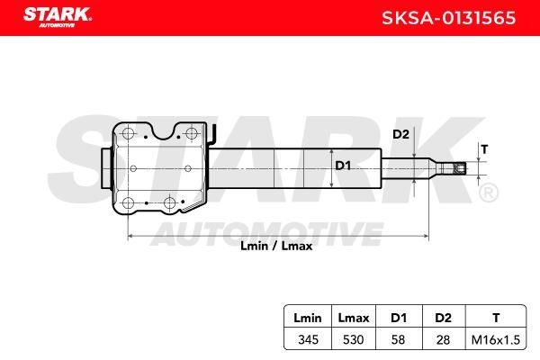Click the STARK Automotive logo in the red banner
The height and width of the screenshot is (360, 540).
[x=58, y=16]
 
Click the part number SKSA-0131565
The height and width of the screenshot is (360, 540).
[x=449, y=18]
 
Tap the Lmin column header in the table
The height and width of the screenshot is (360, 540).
[x=308, y=318]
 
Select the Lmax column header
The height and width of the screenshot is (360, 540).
[x=354, y=318]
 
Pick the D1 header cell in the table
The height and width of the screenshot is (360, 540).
[x=399, y=318]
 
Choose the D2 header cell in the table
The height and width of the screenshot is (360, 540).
[x=443, y=318]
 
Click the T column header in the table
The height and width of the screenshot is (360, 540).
[x=496, y=318]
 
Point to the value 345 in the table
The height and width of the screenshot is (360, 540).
[x=308, y=339]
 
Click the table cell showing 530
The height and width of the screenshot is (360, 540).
[x=354, y=339]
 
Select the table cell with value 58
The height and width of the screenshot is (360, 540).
[x=398, y=339]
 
